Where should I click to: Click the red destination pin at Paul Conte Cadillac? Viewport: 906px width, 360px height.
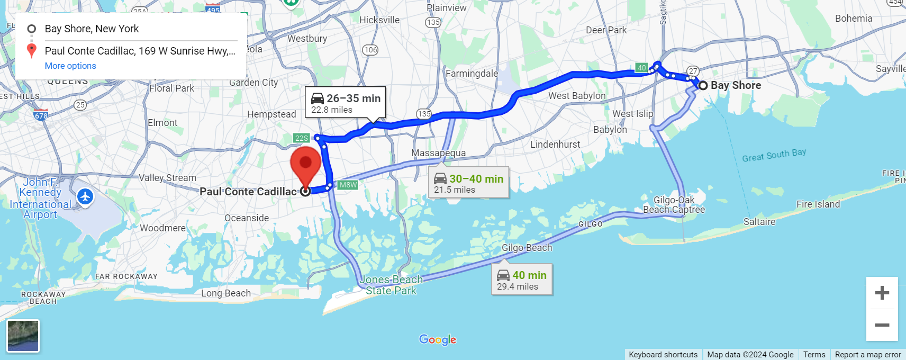(x=305, y=164)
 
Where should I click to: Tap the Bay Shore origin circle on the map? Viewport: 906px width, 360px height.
(x=703, y=85)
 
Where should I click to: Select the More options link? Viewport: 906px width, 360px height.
(x=70, y=66)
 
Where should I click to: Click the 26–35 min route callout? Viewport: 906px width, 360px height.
(x=345, y=103)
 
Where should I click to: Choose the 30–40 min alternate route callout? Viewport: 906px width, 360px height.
(x=468, y=183)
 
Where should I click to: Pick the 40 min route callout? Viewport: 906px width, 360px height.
(x=522, y=280)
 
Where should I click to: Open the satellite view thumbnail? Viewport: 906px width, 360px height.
(x=23, y=336)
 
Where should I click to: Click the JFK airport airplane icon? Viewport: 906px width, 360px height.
(x=85, y=197)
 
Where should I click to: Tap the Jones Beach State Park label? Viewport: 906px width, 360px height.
(x=392, y=285)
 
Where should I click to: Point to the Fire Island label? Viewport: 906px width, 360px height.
(x=818, y=204)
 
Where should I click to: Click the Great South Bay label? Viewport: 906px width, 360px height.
(x=774, y=155)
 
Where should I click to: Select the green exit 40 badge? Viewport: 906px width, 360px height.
(x=641, y=68)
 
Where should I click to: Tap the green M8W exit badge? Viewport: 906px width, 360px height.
(x=348, y=185)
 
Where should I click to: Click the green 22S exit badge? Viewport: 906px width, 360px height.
(x=301, y=138)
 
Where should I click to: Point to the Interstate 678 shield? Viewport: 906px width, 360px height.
(x=41, y=115)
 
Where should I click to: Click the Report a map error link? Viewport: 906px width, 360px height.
(x=868, y=355)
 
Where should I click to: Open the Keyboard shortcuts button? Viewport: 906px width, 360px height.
(x=663, y=355)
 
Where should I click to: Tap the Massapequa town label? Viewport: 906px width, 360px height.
(x=439, y=153)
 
